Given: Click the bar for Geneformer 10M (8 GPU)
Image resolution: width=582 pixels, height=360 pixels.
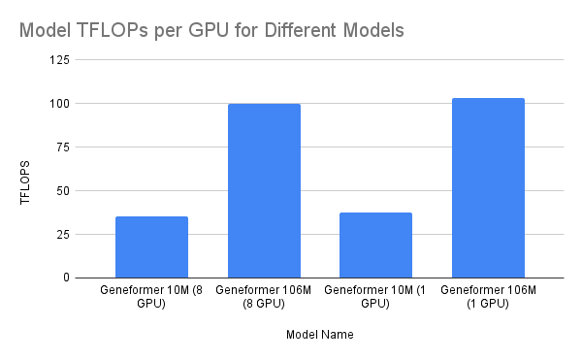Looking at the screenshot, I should tap(151, 247).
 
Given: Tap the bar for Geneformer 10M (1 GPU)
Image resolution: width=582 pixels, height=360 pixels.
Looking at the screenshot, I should tap(375, 245).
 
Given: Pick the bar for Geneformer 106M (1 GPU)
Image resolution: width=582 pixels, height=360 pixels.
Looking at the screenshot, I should tap(488, 188).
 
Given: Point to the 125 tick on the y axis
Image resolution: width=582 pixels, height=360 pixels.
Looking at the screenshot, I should tap(59, 60).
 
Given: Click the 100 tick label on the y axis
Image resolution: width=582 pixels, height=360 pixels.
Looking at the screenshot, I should tap(59, 104).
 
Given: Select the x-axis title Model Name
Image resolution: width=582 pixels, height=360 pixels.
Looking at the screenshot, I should tap(319, 336).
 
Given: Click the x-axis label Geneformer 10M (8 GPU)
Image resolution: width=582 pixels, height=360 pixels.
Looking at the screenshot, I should tap(151, 297).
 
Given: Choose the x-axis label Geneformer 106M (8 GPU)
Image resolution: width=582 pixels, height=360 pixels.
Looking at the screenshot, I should tap(264, 297).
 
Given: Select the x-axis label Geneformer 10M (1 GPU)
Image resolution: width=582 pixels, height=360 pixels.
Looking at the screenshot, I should tap(375, 297).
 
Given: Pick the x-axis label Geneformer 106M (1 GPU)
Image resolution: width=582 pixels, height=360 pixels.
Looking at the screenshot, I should tap(488, 297).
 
